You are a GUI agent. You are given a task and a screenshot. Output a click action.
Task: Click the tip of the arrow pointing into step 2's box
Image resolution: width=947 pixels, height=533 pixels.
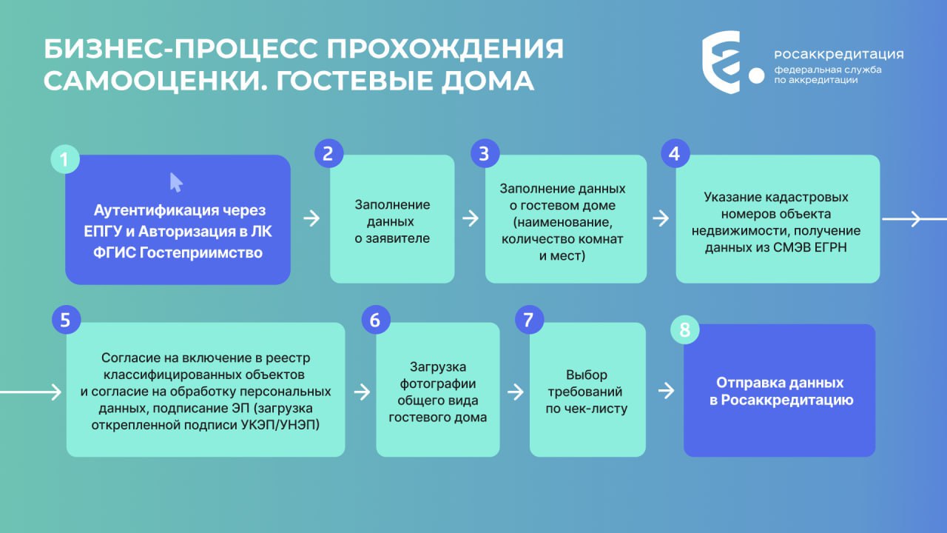[x=320, y=218]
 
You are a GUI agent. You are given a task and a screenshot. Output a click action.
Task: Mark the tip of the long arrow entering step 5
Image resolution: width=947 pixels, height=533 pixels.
[x=61, y=392]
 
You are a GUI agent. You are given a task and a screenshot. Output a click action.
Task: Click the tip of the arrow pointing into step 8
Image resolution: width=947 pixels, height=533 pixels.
[x=674, y=391]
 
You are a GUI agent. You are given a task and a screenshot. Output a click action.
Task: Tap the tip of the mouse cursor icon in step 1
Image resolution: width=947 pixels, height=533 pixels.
[x=171, y=172]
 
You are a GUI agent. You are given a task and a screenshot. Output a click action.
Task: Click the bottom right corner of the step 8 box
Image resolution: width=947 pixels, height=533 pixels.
[x=875, y=457]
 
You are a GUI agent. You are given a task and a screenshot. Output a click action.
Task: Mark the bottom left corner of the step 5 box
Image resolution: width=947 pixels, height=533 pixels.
[x=67, y=457]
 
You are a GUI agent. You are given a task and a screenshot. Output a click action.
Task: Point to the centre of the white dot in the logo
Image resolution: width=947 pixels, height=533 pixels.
[x=756, y=76]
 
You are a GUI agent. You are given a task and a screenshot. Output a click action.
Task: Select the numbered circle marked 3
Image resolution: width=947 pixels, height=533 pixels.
[x=485, y=153]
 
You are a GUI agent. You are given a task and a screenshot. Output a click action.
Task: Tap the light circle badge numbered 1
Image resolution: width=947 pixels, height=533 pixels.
[x=65, y=159]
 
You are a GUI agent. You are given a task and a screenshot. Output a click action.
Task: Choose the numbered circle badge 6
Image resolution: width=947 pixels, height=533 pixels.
[x=376, y=320]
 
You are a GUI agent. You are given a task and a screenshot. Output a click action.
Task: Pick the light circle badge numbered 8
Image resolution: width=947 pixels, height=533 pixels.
[x=685, y=329]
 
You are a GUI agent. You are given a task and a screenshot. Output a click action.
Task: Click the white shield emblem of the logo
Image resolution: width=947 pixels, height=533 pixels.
[x=721, y=61]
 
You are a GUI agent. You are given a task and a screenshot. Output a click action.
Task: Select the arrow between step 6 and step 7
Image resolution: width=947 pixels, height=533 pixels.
[x=516, y=392]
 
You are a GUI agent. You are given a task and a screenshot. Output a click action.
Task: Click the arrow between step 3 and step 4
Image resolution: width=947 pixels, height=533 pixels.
[x=661, y=218]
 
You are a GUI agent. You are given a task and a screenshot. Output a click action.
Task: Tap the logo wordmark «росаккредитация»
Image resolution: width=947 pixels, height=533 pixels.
[x=839, y=54]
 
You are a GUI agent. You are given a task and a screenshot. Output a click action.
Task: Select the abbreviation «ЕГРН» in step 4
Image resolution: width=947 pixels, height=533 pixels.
[x=830, y=247]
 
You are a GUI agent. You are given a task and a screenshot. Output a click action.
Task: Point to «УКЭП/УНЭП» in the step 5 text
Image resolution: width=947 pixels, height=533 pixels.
[x=280, y=424]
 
